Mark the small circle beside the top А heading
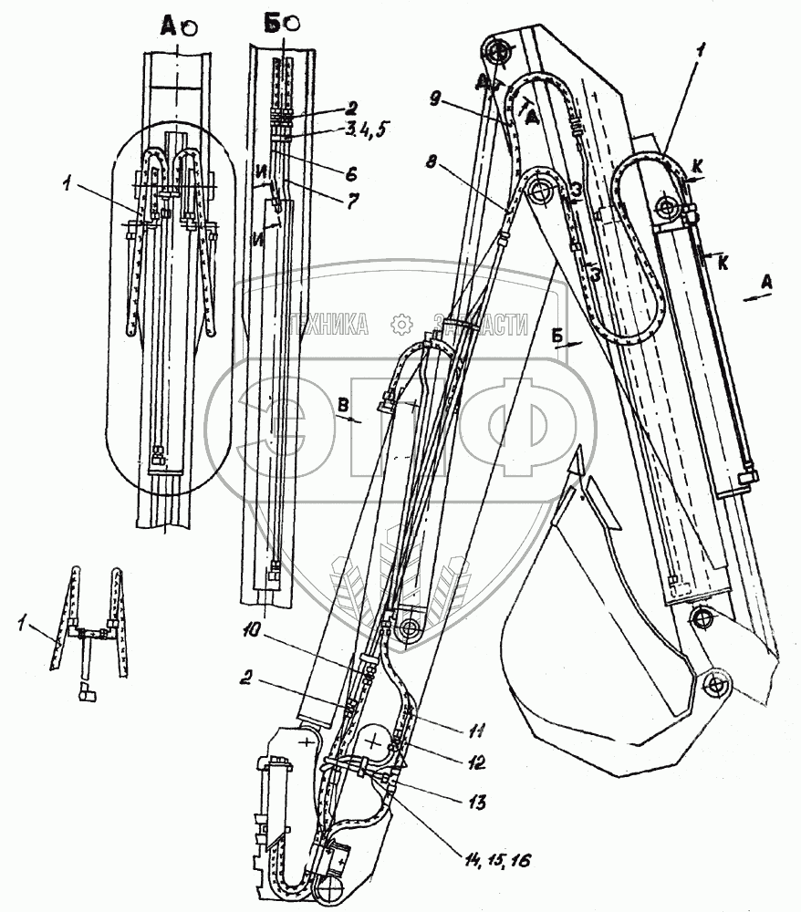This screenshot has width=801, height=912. tap(190, 28)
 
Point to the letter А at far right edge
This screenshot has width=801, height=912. tap(768, 283)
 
